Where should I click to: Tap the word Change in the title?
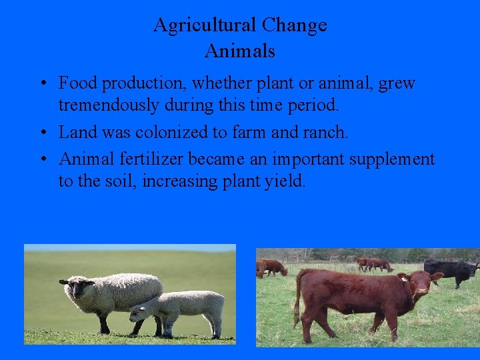pos(294,25)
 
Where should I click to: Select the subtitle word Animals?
pos(240,51)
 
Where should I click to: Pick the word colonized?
pos(173,132)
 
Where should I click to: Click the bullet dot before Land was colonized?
pos(41,133)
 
